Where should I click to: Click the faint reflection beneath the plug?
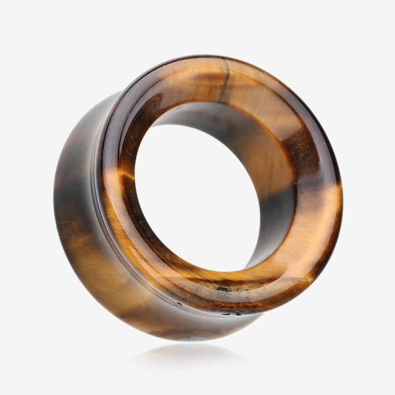[x=191, y=359]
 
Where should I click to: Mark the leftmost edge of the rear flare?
[x=55, y=197]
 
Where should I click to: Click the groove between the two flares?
[x=99, y=197]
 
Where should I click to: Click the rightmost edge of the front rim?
[x=342, y=197]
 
